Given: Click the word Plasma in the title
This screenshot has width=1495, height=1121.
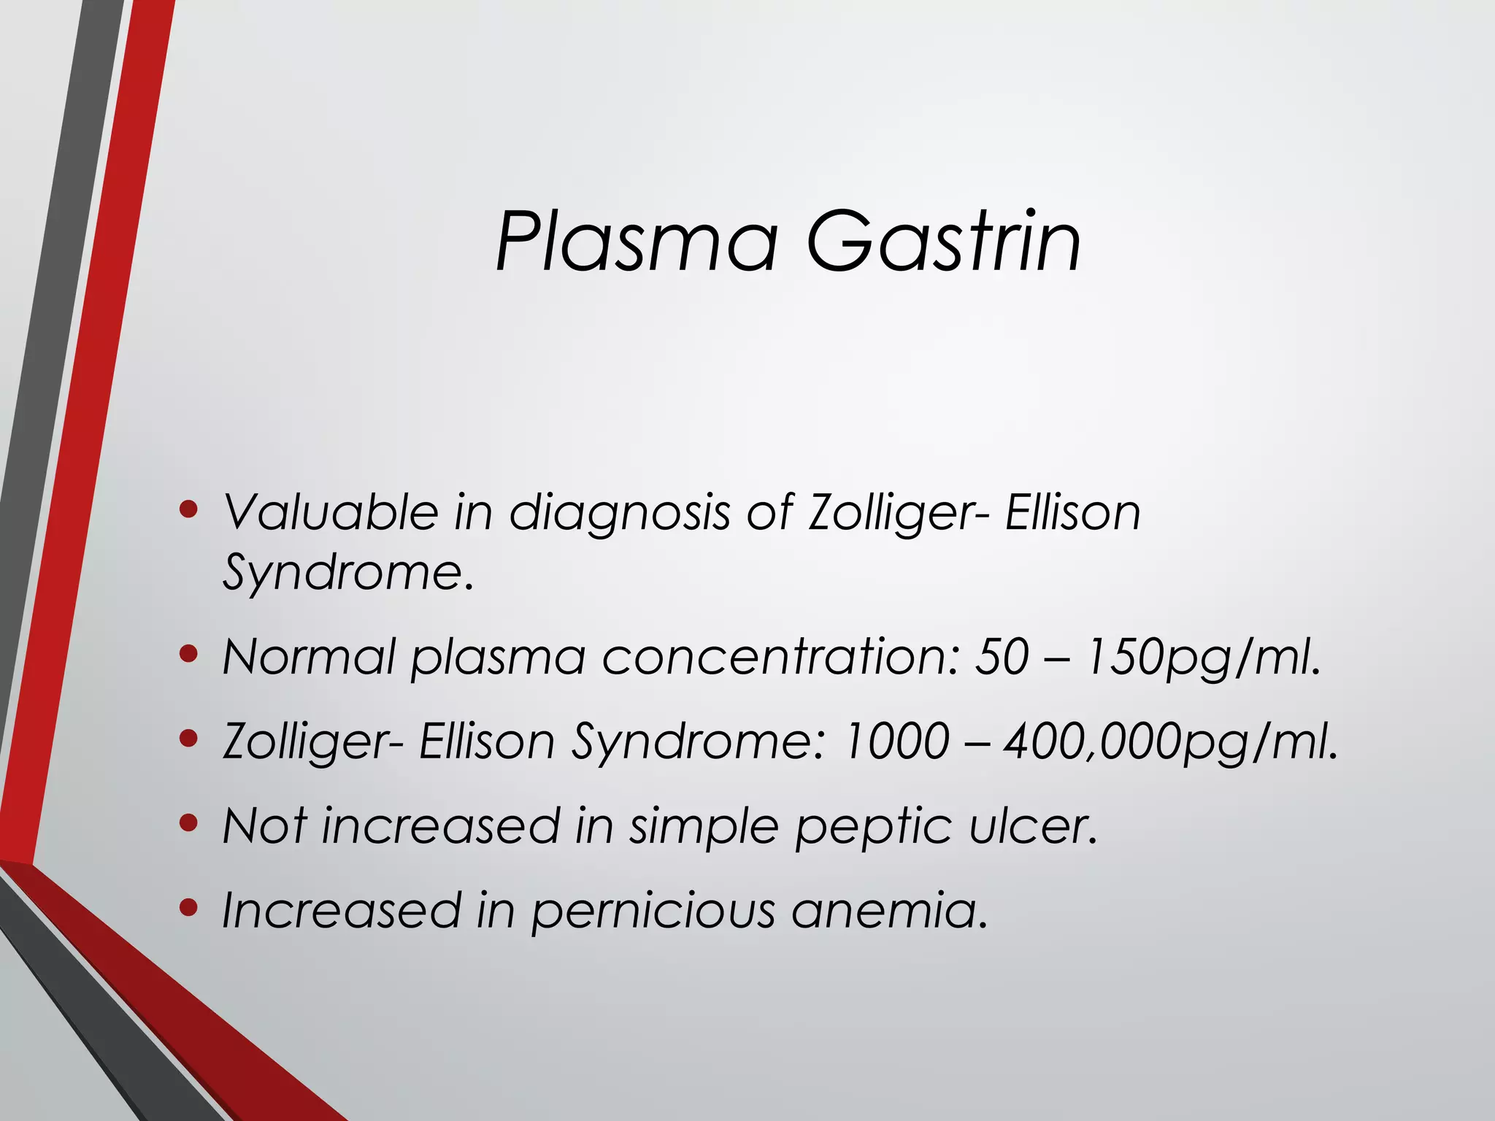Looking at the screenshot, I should (x=636, y=242).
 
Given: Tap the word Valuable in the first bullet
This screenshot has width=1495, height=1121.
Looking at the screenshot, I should (x=330, y=512).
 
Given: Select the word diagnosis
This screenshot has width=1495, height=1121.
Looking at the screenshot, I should (x=619, y=513).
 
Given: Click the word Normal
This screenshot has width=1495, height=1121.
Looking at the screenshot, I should (x=308, y=657).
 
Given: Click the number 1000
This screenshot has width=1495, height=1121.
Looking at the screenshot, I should (x=896, y=741).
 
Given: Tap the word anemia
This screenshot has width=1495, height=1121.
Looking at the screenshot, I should (x=890, y=911).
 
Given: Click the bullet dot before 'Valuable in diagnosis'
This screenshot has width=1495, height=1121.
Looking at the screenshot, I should (x=188, y=509).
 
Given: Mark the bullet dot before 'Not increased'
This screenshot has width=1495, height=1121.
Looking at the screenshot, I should (x=188, y=823).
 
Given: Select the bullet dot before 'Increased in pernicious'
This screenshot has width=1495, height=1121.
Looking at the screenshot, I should (x=188, y=908).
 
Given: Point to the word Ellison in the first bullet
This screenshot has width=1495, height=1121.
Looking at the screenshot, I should (x=1072, y=512).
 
